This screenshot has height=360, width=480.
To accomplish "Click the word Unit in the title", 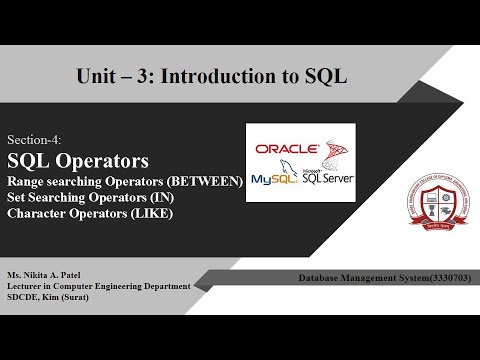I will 97,77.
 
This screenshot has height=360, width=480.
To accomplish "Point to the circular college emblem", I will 413,196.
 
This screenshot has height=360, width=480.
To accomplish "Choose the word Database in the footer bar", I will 319,277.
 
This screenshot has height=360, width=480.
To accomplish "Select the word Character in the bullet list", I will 39,213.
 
